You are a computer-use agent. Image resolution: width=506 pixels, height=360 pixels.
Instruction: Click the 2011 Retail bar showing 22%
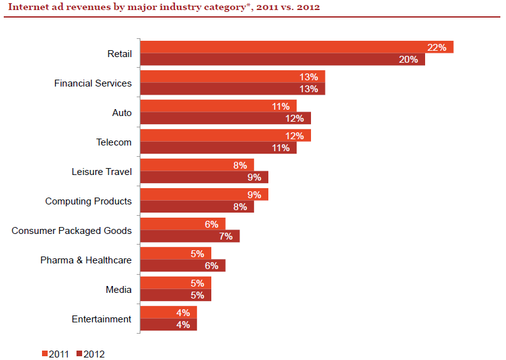click(x=297, y=47)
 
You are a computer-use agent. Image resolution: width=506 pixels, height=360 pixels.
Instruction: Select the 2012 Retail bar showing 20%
click(x=283, y=59)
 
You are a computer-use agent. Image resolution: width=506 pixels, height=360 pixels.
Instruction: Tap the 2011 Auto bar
click(x=218, y=106)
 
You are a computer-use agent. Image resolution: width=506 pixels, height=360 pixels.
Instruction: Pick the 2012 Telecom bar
click(x=218, y=147)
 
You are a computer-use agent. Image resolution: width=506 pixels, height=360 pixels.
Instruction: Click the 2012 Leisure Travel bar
click(x=204, y=177)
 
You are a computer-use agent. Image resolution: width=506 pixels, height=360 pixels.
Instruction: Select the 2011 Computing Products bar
click(x=204, y=194)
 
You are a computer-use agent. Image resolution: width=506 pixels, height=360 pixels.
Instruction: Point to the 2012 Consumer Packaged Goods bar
click(x=190, y=236)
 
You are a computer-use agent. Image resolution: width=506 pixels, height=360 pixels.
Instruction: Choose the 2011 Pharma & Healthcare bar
click(x=176, y=253)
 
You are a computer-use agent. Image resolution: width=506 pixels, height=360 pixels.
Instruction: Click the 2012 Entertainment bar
click(x=169, y=324)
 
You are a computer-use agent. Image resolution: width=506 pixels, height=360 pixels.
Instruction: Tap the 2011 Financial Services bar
click(x=233, y=77)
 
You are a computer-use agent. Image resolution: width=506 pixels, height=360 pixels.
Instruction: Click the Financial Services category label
click(x=93, y=83)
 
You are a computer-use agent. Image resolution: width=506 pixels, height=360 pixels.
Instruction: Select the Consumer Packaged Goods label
click(x=71, y=231)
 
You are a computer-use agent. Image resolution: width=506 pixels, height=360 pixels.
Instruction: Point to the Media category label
click(x=119, y=290)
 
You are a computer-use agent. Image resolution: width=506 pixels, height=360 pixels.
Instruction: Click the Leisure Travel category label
click(x=102, y=172)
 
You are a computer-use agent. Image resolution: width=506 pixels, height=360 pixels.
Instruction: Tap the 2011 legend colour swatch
click(x=45, y=354)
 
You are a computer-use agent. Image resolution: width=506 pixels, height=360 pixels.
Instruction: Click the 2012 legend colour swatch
click(x=80, y=354)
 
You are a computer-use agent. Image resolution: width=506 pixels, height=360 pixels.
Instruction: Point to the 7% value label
click(x=226, y=236)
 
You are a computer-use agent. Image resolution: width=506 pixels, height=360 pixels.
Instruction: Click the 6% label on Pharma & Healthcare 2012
click(x=212, y=266)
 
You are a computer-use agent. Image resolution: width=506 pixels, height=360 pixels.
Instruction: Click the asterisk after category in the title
click(x=248, y=5)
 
